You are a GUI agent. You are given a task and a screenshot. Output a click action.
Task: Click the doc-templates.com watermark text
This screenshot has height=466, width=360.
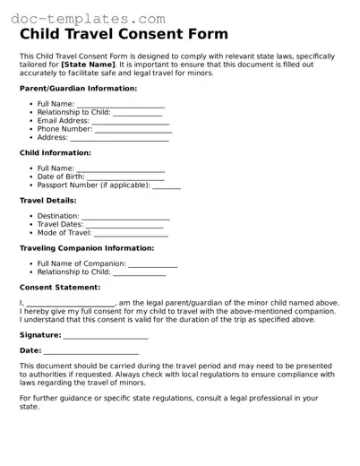click(84, 18)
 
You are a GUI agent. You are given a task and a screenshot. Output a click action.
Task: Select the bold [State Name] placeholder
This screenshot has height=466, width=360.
click(88, 65)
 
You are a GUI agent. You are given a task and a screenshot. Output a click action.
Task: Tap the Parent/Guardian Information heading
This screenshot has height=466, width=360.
click(78, 89)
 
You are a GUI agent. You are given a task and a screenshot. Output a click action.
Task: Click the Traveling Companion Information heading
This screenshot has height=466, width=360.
click(93, 247)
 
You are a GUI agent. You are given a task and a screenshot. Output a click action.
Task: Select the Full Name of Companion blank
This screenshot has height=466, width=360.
click(152, 265)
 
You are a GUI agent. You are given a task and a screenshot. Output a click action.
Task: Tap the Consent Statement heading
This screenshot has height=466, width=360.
click(60, 287)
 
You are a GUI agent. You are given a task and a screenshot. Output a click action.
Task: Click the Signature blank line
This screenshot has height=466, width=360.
click(106, 337)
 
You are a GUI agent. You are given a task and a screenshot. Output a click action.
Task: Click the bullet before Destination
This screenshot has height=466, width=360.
click(31, 216)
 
